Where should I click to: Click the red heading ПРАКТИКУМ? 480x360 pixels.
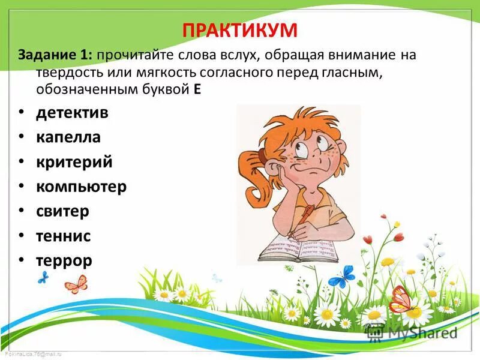[240, 30]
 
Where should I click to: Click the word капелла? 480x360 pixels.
[68, 137]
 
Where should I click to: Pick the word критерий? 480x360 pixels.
[74, 162]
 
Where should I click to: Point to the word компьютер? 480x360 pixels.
[81, 187]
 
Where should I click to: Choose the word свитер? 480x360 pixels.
[62, 211]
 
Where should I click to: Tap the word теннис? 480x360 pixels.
[63, 236]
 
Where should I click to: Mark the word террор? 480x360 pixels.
[64, 260]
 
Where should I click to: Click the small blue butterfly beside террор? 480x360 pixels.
[43, 277]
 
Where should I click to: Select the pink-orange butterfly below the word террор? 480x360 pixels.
[76, 283]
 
